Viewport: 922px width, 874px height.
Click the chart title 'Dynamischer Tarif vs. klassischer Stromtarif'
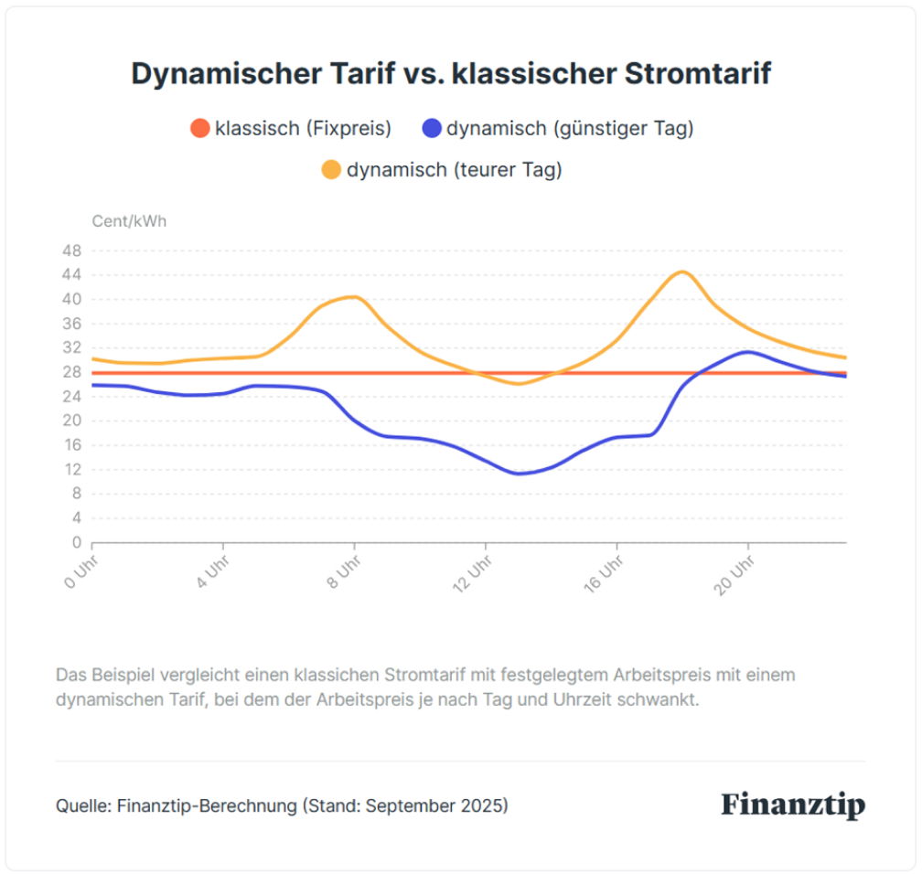(451, 74)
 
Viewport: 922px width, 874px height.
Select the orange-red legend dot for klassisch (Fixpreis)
(199, 128)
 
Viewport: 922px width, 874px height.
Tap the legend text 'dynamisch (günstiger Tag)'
(570, 128)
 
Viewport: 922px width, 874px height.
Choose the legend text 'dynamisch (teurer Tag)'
(454, 169)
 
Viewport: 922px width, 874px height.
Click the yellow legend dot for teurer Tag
(331, 169)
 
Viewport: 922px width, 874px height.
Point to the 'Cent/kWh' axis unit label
(129, 221)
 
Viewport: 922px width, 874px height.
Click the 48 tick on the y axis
(72, 250)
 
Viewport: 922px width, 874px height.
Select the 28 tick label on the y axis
(72, 372)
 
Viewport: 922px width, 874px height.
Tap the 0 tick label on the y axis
(77, 542)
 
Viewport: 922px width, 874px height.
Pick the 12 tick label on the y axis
(72, 470)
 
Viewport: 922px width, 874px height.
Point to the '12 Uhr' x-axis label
(472, 573)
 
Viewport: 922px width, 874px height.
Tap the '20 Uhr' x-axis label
(734, 573)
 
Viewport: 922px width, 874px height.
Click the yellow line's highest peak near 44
(681, 272)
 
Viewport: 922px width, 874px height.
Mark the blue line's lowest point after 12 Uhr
(520, 474)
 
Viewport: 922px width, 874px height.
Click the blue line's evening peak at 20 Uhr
(748, 352)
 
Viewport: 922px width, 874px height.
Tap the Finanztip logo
(792, 805)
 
